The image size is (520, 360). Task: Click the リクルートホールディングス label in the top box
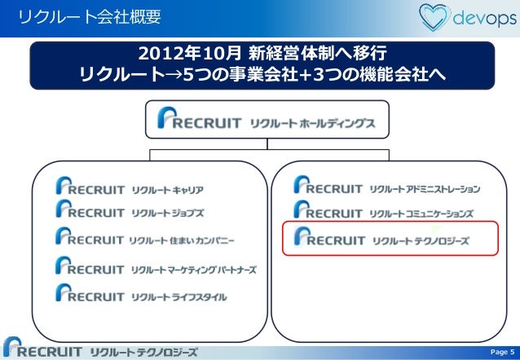(313, 123)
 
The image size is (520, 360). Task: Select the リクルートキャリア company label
(167, 190)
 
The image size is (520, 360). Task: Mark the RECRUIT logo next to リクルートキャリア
(90, 189)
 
